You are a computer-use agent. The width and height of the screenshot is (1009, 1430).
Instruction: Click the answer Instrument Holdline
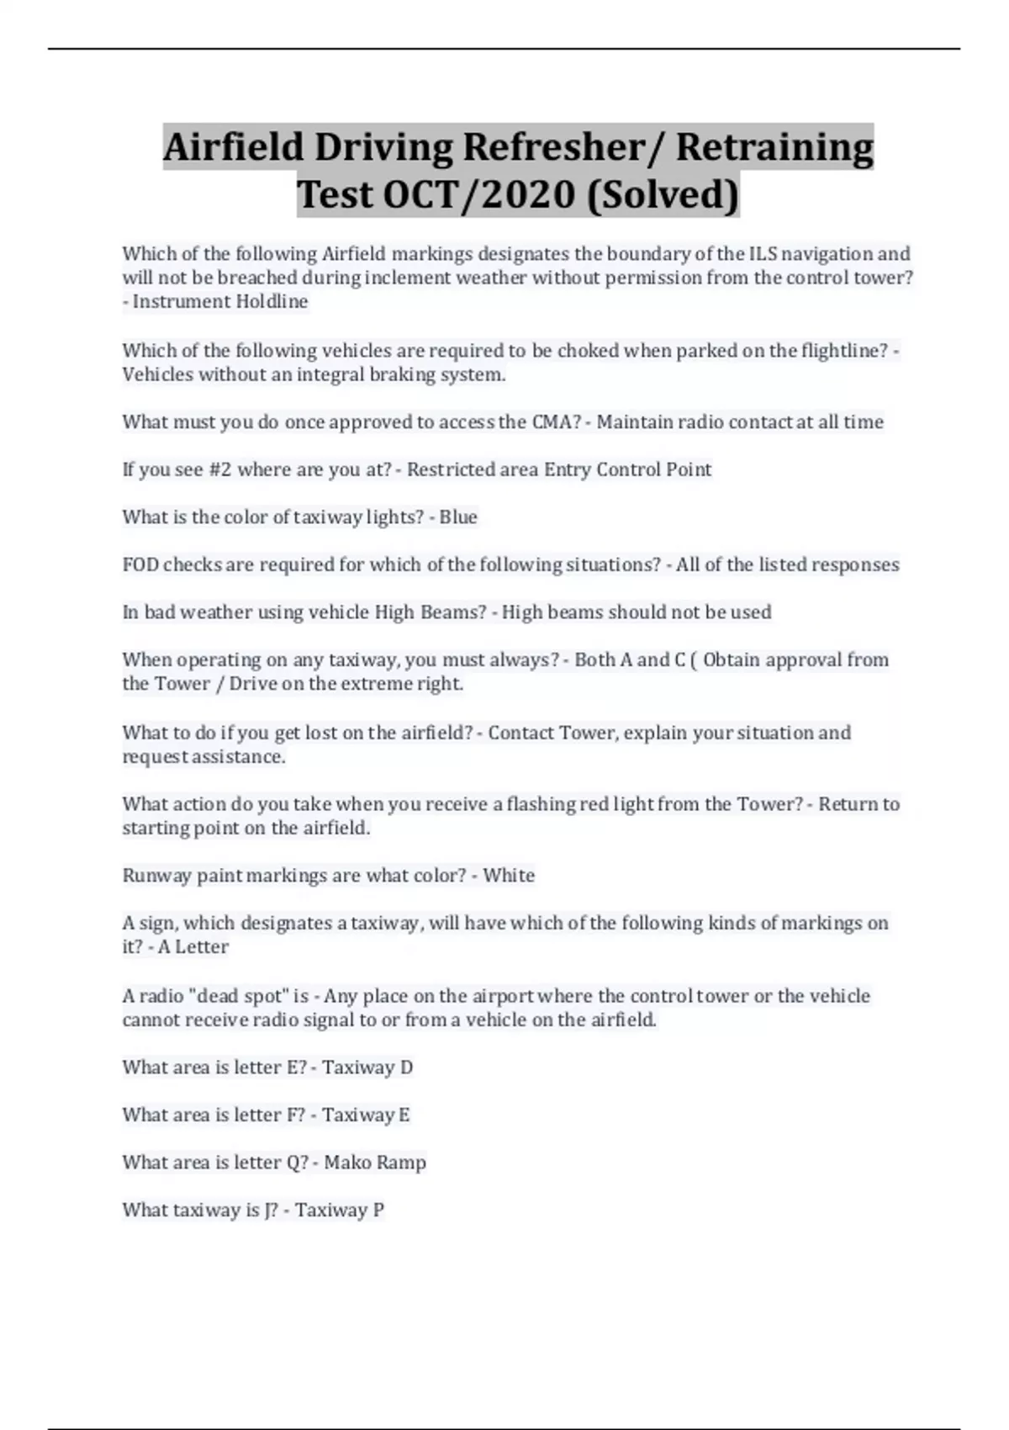[x=220, y=301]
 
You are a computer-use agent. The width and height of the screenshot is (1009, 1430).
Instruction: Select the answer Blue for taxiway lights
[x=458, y=516]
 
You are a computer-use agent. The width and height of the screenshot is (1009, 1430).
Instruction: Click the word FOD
[x=140, y=564]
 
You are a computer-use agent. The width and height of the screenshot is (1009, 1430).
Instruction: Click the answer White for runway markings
[x=509, y=875]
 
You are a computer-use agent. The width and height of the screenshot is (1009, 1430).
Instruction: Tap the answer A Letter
[x=193, y=946]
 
